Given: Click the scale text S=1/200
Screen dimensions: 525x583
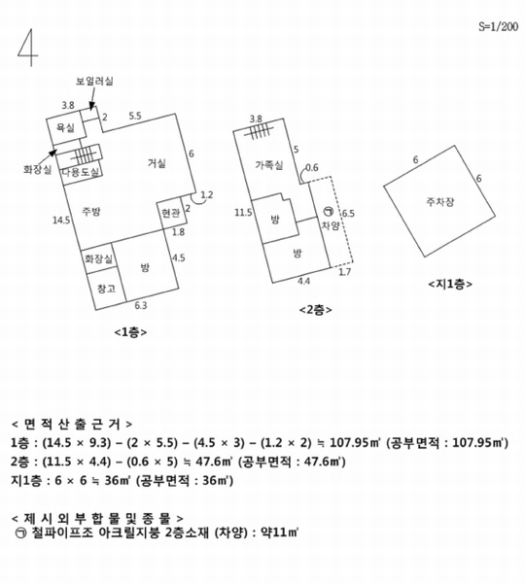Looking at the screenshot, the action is pyautogui.click(x=498, y=26).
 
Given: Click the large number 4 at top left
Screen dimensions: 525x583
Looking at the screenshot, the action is pyautogui.click(x=28, y=48).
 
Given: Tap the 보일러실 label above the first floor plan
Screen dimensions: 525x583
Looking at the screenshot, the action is pyautogui.click(x=94, y=81).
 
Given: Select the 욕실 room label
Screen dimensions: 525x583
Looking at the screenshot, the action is pyautogui.click(x=65, y=128).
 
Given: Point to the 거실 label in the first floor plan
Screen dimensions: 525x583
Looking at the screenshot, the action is pyautogui.click(x=157, y=163).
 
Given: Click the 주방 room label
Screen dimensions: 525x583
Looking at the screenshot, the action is pyautogui.click(x=91, y=212).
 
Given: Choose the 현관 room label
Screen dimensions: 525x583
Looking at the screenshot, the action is pyautogui.click(x=171, y=213).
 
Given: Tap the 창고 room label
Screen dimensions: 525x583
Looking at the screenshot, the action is pyautogui.click(x=106, y=289).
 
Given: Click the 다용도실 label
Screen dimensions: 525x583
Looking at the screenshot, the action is pyautogui.click(x=81, y=172).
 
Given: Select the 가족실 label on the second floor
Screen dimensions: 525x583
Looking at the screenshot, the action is pyautogui.click(x=269, y=165).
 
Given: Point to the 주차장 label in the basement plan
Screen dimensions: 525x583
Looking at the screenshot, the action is pyautogui.click(x=440, y=202).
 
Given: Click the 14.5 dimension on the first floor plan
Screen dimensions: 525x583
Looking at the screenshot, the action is pyautogui.click(x=61, y=221).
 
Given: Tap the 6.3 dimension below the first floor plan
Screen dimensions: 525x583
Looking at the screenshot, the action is pyautogui.click(x=141, y=306).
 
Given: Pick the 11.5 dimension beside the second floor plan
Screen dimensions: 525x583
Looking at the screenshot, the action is pyautogui.click(x=243, y=213).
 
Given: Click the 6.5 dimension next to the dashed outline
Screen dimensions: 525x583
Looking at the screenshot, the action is pyautogui.click(x=348, y=214).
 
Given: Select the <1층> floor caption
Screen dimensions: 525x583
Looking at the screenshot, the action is pyautogui.click(x=130, y=332).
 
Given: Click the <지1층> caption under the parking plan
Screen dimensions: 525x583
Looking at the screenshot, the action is pyautogui.click(x=450, y=284).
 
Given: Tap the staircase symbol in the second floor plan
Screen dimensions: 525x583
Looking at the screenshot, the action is pyautogui.click(x=259, y=131).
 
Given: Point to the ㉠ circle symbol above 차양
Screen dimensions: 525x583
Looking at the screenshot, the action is pyautogui.click(x=329, y=212).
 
